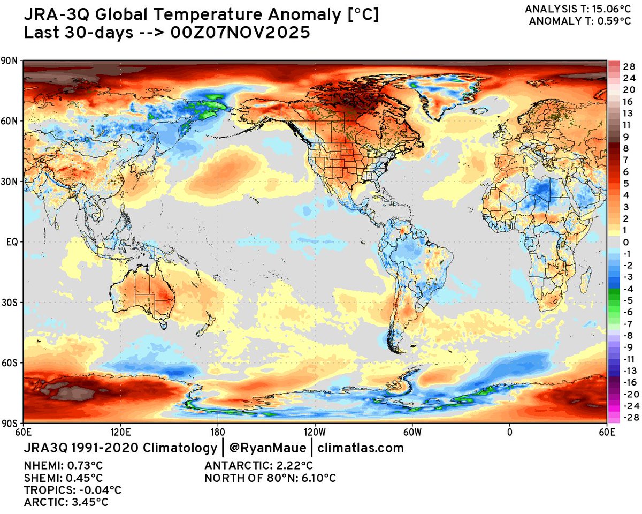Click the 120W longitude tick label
(x=314, y=431)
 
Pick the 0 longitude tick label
(x=509, y=431)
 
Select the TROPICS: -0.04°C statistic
(x=72, y=490)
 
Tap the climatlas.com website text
(x=361, y=448)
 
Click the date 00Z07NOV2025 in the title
(x=242, y=32)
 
